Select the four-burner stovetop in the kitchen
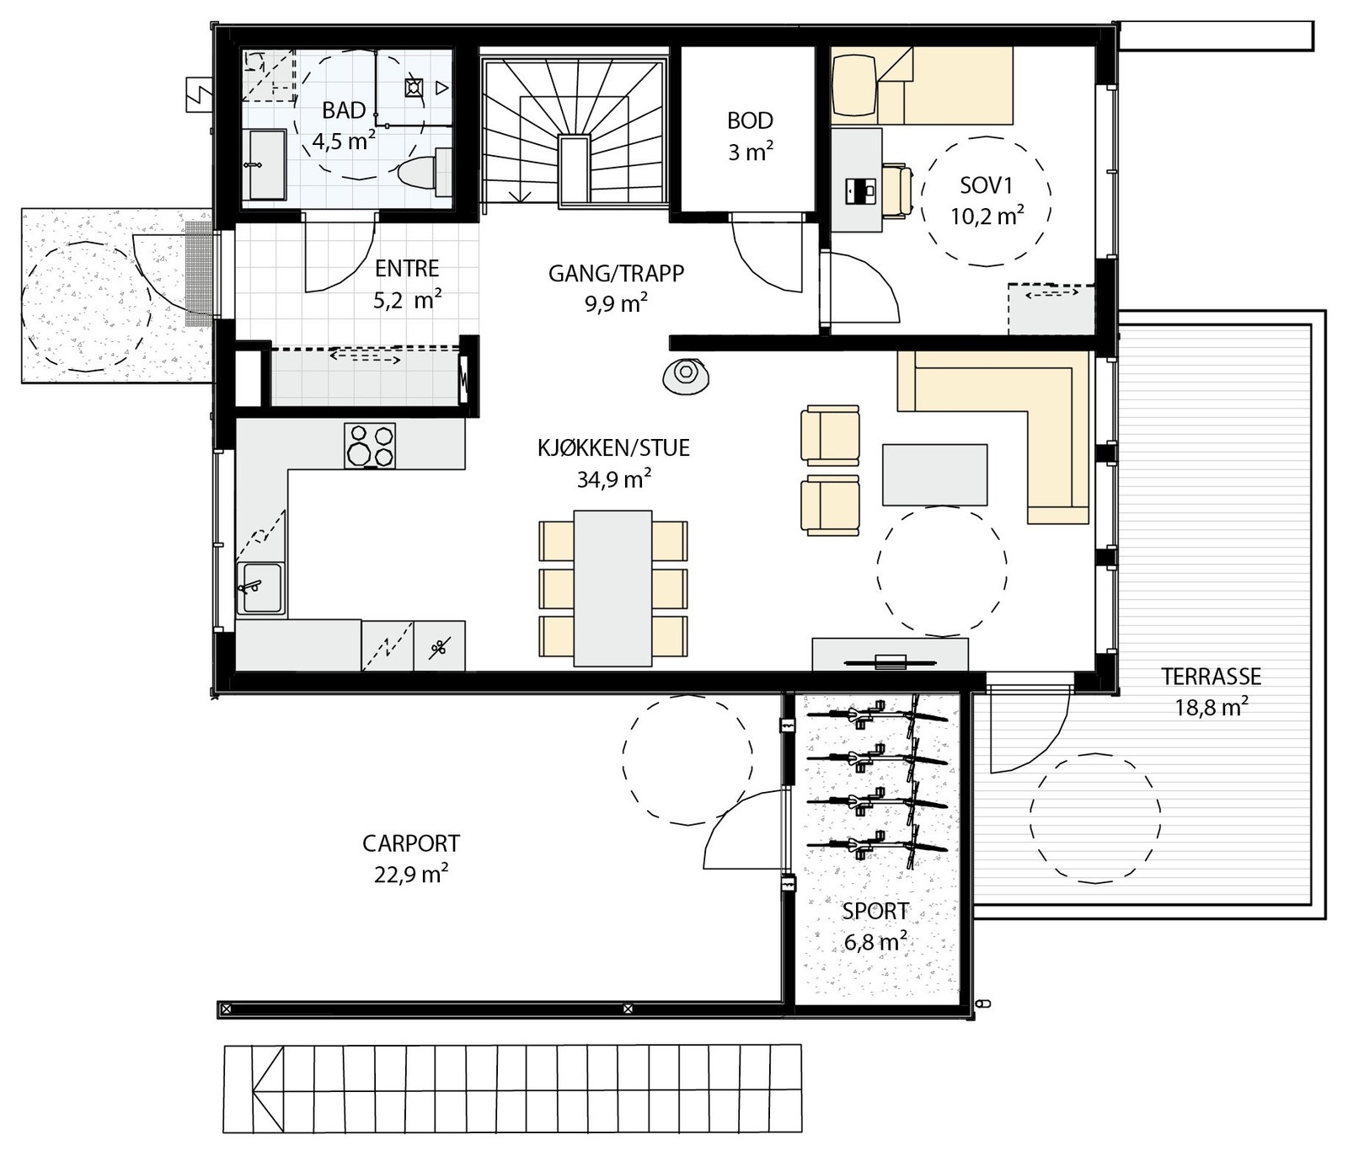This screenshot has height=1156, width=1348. click(369, 446)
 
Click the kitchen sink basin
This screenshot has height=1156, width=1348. click(261, 588)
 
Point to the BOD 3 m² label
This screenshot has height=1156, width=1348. click(750, 136)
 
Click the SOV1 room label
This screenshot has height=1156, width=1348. click(987, 200)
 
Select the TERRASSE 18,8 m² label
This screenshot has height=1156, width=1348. click(1211, 691)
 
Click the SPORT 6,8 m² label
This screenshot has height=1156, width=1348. click(875, 925)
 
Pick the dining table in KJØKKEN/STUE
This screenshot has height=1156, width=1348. click(612, 588)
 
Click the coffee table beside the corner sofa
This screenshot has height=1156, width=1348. click(934, 475)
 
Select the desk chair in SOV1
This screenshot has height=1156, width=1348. click(898, 192)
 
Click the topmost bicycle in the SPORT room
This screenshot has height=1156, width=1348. click(876, 715)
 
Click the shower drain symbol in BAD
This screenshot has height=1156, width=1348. click(413, 86)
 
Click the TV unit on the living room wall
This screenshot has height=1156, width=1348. click(890, 655)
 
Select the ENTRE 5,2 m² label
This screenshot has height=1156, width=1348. click(407, 283)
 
